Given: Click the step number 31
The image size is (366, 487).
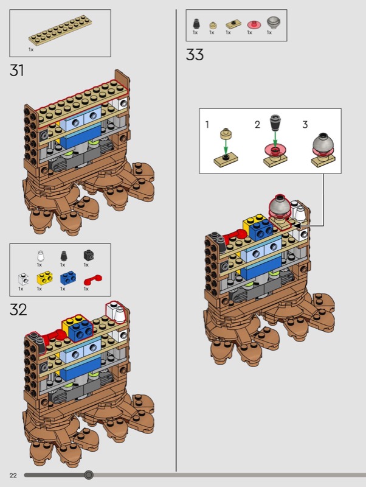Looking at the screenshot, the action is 17,70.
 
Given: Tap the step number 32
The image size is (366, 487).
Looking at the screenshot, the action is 18,310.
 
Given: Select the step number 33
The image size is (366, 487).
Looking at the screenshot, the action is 195,55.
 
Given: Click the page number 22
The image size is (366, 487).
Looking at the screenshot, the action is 13,475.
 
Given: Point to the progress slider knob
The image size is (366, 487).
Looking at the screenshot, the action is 89,475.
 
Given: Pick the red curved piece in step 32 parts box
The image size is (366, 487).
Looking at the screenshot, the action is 92,279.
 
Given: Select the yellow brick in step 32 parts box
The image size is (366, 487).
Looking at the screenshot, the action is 44,278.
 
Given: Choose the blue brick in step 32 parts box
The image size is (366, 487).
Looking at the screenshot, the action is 68,278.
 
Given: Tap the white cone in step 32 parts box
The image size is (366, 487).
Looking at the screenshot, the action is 40,256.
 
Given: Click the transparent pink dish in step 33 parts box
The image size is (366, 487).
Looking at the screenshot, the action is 254,24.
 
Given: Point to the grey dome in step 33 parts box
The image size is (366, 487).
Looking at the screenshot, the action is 274,23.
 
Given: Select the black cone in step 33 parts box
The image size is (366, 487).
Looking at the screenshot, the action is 196,24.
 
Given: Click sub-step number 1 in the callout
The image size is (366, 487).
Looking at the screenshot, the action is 207,125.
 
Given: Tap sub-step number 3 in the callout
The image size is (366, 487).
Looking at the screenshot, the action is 305,125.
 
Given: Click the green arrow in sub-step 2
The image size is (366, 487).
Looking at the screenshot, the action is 275,139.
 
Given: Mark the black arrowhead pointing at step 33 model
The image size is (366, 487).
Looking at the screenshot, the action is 297,225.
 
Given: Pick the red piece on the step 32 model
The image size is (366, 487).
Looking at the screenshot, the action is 55,337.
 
